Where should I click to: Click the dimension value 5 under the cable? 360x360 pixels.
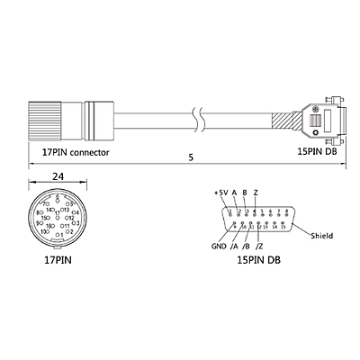190,158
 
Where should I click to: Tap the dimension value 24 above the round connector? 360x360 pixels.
57,178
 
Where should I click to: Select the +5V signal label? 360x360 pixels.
220,192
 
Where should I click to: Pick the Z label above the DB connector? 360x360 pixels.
256,192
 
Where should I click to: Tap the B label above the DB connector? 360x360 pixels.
245,192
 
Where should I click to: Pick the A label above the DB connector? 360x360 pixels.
234,192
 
